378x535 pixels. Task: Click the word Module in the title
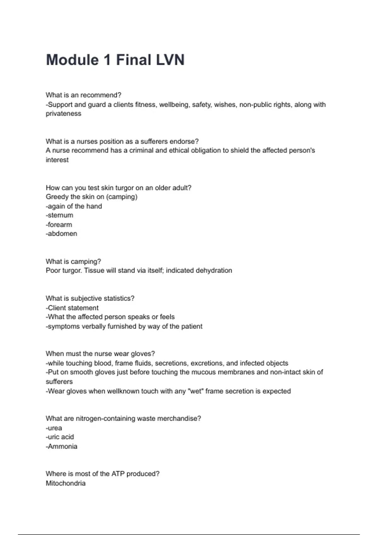[x=72, y=60]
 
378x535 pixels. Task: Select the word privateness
[x=63, y=114]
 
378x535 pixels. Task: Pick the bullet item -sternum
[x=60, y=215]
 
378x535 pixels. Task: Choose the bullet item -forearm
[x=59, y=225]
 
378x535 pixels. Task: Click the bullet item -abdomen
[x=61, y=234]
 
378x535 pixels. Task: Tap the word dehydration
[x=214, y=271]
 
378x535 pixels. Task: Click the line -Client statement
[x=72, y=308]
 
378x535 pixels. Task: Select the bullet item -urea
[x=54, y=428]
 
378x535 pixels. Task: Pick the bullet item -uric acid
[x=60, y=437]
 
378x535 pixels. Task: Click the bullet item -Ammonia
[x=61, y=446]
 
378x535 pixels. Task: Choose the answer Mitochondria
[x=66, y=483]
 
